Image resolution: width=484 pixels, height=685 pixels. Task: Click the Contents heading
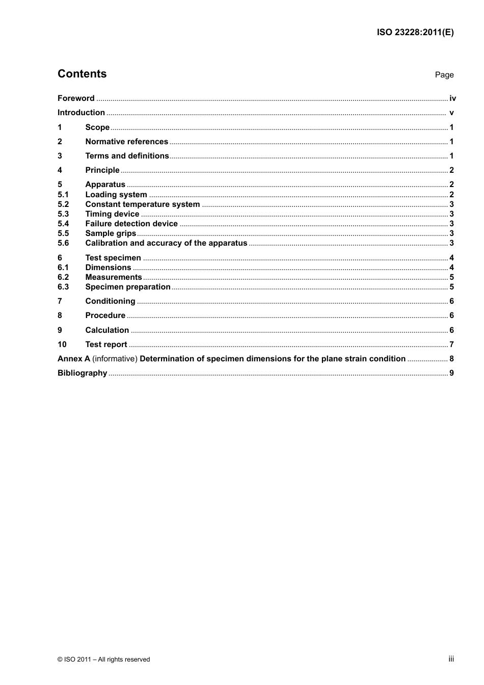(82, 74)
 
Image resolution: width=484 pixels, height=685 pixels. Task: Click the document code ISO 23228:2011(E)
(415, 32)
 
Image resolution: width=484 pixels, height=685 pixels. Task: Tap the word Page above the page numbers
(444, 75)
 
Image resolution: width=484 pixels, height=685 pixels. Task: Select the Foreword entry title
(76, 98)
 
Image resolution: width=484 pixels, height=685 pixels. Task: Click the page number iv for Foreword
(452, 98)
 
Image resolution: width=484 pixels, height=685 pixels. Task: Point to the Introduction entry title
(81, 113)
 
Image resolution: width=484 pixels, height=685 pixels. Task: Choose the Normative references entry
(126, 142)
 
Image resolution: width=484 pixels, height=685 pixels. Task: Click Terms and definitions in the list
(127, 156)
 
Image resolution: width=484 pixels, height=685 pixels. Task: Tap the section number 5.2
(63, 204)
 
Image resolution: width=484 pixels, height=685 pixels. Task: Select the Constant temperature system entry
(142, 204)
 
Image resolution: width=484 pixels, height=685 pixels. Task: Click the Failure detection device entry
(131, 224)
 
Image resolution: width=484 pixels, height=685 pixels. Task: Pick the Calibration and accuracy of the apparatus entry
(166, 243)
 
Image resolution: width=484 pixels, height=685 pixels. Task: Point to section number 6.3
(63, 287)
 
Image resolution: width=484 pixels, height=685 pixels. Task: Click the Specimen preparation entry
(128, 287)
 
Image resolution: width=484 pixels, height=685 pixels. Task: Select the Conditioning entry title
(110, 301)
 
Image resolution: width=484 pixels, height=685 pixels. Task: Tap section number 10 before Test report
(62, 345)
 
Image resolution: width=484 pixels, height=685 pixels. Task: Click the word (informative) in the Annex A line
(115, 359)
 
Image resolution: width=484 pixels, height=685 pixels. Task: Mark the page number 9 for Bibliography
(451, 373)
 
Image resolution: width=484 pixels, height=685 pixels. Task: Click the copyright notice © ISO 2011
(103, 660)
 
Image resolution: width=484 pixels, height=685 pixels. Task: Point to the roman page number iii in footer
(451, 659)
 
